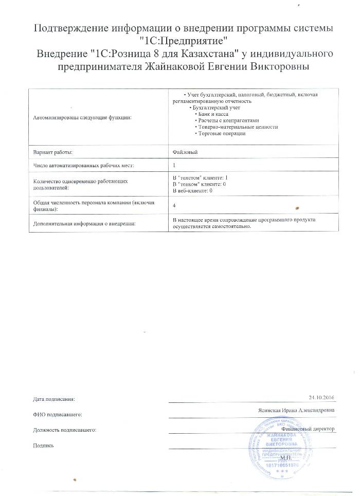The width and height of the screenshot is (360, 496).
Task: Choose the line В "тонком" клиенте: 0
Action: [x=200, y=184]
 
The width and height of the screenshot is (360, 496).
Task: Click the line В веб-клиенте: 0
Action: [x=193, y=190]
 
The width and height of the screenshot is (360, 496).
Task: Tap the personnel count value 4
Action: [x=175, y=205]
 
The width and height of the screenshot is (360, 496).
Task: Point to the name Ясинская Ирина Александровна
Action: [x=297, y=411]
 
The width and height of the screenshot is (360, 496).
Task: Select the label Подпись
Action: [x=43, y=445]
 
